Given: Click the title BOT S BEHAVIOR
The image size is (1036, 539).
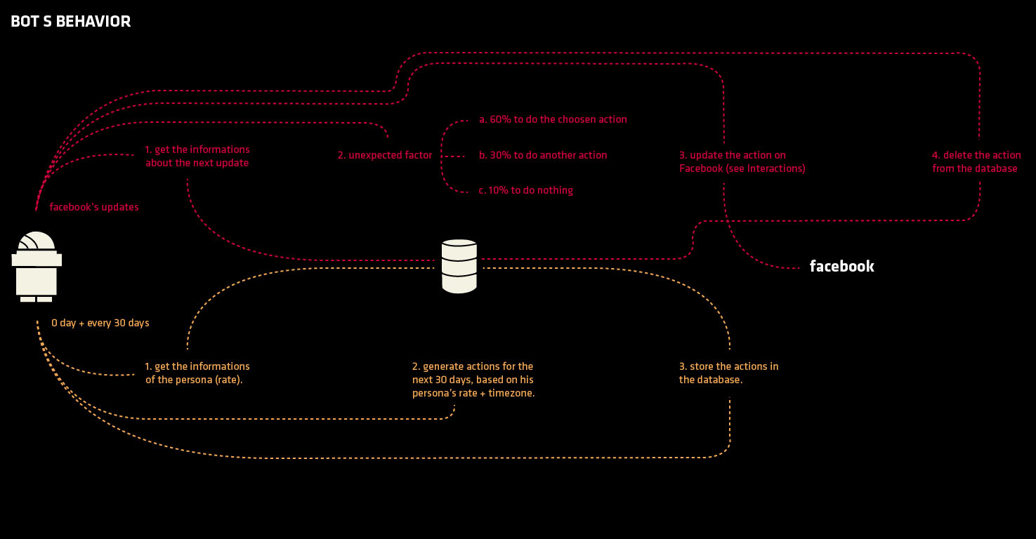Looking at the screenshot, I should tap(71, 22).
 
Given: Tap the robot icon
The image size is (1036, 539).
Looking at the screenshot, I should tap(37, 267).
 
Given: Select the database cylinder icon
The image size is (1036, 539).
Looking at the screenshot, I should tap(459, 266).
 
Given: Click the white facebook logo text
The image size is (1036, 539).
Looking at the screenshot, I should tap(841, 267).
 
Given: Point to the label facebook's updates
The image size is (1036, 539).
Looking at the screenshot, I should tap(94, 207).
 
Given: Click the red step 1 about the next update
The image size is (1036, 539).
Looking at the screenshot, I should tap(197, 157).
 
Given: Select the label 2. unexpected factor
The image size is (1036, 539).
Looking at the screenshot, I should tap(385, 155).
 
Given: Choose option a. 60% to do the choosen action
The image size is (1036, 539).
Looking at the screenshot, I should tap(553, 119).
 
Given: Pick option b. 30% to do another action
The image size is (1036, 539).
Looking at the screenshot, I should tap(543, 155).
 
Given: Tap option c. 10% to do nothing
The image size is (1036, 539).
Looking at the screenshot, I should tap(526, 190).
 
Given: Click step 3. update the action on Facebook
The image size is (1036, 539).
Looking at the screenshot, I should tap(742, 162).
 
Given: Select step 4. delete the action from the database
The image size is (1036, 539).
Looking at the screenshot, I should tap(976, 162).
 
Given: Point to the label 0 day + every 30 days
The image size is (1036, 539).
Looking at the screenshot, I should tap(100, 324).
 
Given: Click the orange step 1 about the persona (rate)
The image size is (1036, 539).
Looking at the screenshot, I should tap(197, 373).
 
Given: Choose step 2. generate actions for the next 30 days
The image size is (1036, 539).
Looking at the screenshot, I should tap(473, 380).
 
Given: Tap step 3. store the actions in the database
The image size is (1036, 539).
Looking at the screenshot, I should tap(728, 373).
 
